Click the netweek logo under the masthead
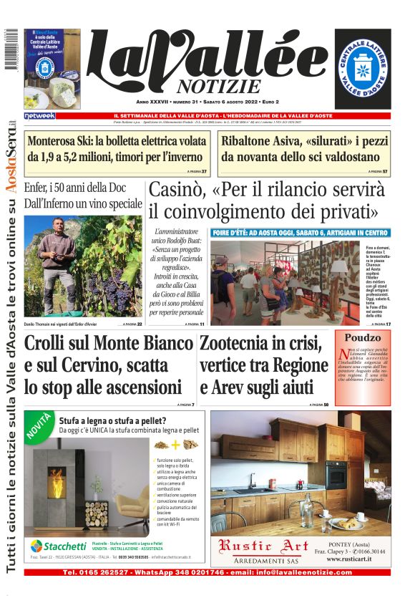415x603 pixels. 40,115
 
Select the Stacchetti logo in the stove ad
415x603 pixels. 57,546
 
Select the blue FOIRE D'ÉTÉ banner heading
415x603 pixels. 300,233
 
